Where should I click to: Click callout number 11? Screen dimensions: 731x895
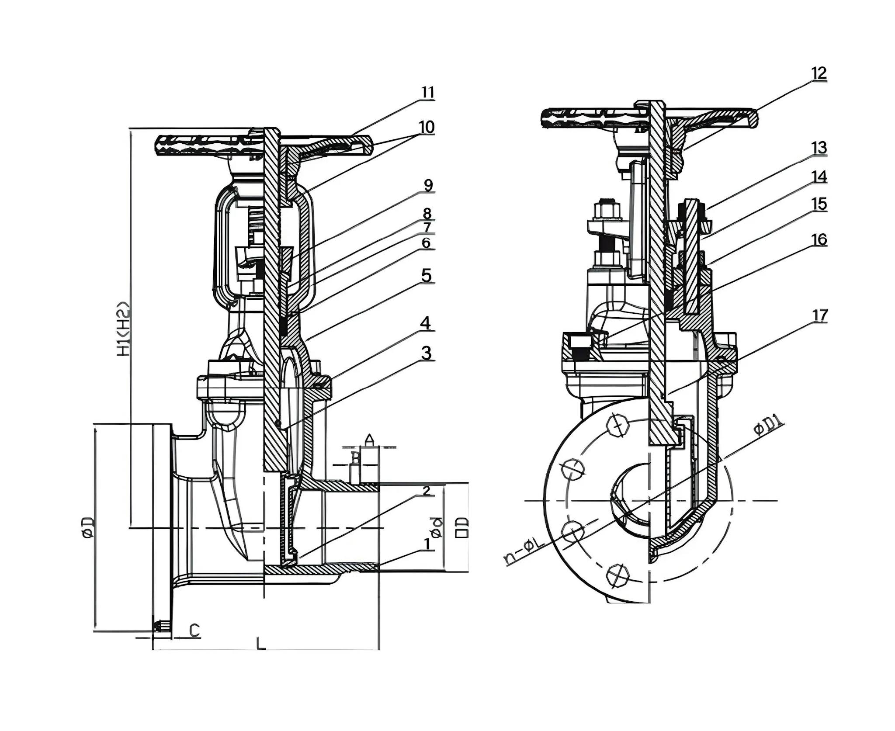tap(428, 93)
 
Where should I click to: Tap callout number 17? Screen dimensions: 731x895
tap(819, 315)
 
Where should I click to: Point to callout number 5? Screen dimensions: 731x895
tap(426, 276)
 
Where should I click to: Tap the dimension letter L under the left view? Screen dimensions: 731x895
tap(260, 643)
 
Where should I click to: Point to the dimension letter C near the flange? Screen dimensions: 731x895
tap(194, 630)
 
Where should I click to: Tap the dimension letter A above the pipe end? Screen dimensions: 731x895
tap(370, 439)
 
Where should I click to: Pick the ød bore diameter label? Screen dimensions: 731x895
tap(436, 527)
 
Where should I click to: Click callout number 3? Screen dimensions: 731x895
tap(426, 353)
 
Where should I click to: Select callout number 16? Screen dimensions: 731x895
tap(819, 240)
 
